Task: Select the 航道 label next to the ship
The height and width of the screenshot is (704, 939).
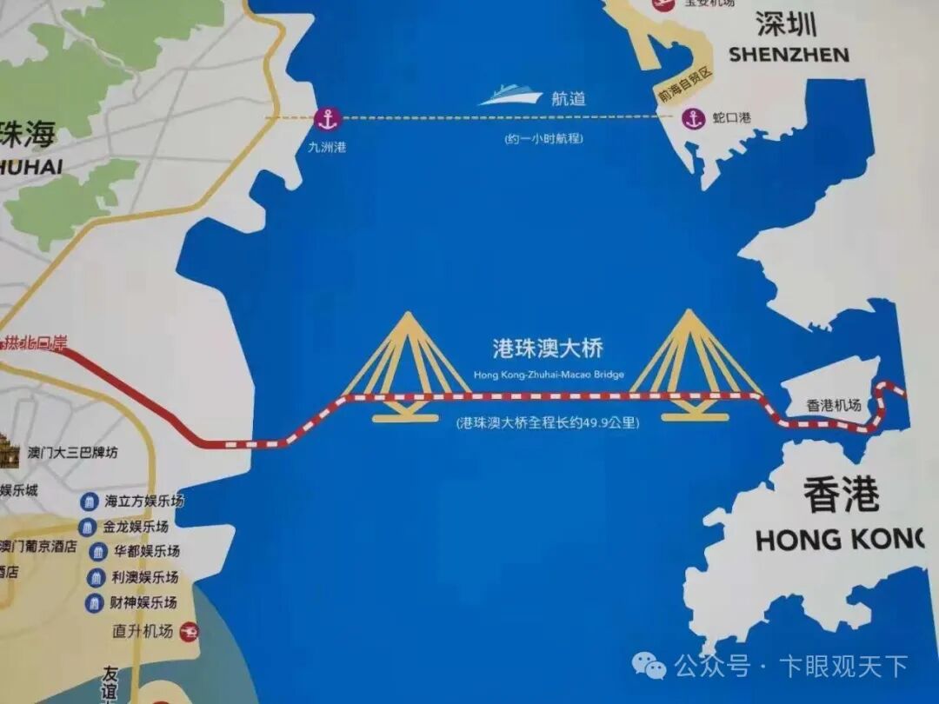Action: [x=569, y=98]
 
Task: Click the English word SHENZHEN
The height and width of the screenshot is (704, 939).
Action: [x=789, y=55]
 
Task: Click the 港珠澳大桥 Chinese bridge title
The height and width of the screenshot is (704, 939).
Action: [x=548, y=349]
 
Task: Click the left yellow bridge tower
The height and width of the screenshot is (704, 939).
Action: [x=404, y=365]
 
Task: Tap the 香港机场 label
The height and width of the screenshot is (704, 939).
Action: [x=834, y=405]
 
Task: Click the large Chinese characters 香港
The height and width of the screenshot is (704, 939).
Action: [x=841, y=496]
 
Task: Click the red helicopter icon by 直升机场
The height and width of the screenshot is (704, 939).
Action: [x=188, y=632]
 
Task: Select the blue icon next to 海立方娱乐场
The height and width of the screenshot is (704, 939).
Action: [x=90, y=501]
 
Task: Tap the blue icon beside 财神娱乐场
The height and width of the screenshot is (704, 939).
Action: [x=94, y=602]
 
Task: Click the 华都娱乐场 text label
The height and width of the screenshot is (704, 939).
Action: [x=147, y=552]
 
